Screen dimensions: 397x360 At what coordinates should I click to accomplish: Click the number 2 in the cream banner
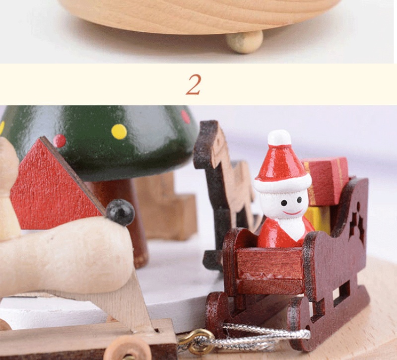click(194, 84)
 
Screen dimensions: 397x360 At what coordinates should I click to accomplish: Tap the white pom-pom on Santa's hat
click(279, 138)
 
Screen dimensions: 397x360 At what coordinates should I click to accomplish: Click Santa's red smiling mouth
click(293, 213)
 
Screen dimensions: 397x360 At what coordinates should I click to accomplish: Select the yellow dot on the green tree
click(119, 132)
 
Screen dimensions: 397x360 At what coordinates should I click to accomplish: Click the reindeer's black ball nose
click(120, 213)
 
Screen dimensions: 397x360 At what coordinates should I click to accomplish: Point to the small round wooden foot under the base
click(245, 42)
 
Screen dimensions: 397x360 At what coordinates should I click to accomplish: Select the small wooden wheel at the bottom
click(128, 349)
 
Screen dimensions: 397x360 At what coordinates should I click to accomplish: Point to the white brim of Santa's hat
click(283, 183)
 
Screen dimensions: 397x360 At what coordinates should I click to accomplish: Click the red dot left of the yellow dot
click(60, 141)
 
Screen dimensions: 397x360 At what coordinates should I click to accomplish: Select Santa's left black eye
click(284, 203)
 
